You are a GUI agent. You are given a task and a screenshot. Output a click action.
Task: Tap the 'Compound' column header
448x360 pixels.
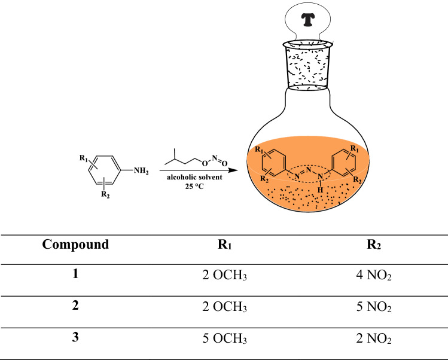76,244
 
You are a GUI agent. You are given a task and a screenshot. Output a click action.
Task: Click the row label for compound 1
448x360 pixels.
76,275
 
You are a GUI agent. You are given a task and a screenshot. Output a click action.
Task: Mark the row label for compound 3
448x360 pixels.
76,338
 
